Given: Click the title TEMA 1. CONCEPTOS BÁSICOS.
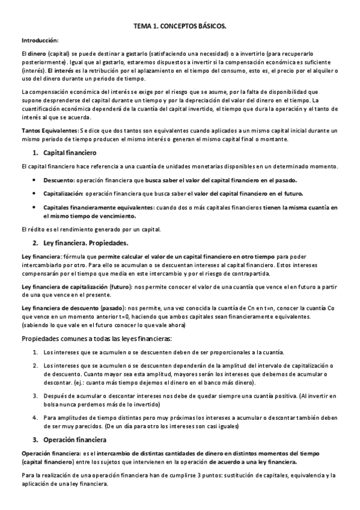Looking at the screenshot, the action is click(180, 27).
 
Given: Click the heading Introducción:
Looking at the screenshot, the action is click(40, 40).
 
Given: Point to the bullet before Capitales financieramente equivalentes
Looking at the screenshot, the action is click(33, 207).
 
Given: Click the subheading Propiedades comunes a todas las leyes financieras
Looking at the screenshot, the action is click(96, 339).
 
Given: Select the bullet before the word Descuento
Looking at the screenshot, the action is click(33, 180).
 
